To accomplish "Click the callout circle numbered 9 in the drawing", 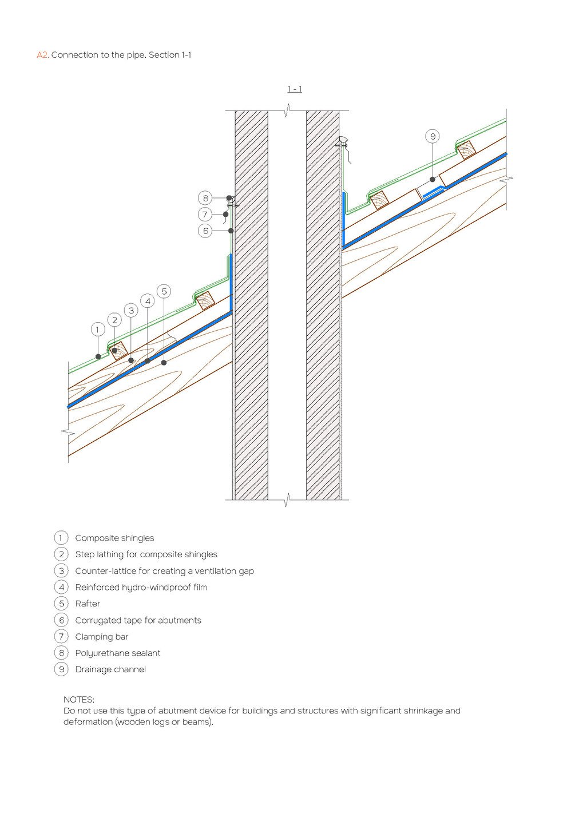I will coord(433,136).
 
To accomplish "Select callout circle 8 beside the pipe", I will coord(205,198).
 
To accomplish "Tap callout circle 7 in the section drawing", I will coord(205,215).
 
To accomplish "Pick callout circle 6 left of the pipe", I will coord(205,231).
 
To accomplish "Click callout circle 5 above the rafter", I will coord(164,291).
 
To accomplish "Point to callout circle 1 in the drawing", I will coord(98,330).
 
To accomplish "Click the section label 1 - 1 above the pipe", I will coord(295,89).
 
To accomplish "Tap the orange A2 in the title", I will coord(42,55).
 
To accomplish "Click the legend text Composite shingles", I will coord(114,538).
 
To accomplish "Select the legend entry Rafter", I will coord(88,604).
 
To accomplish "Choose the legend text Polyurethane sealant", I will coord(118,653).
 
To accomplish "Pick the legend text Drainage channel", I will coord(110,669).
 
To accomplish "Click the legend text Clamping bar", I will coord(102,637).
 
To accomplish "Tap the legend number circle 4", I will coord(61,587).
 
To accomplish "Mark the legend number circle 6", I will coord(61,620).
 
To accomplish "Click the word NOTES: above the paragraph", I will coord(79,699).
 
